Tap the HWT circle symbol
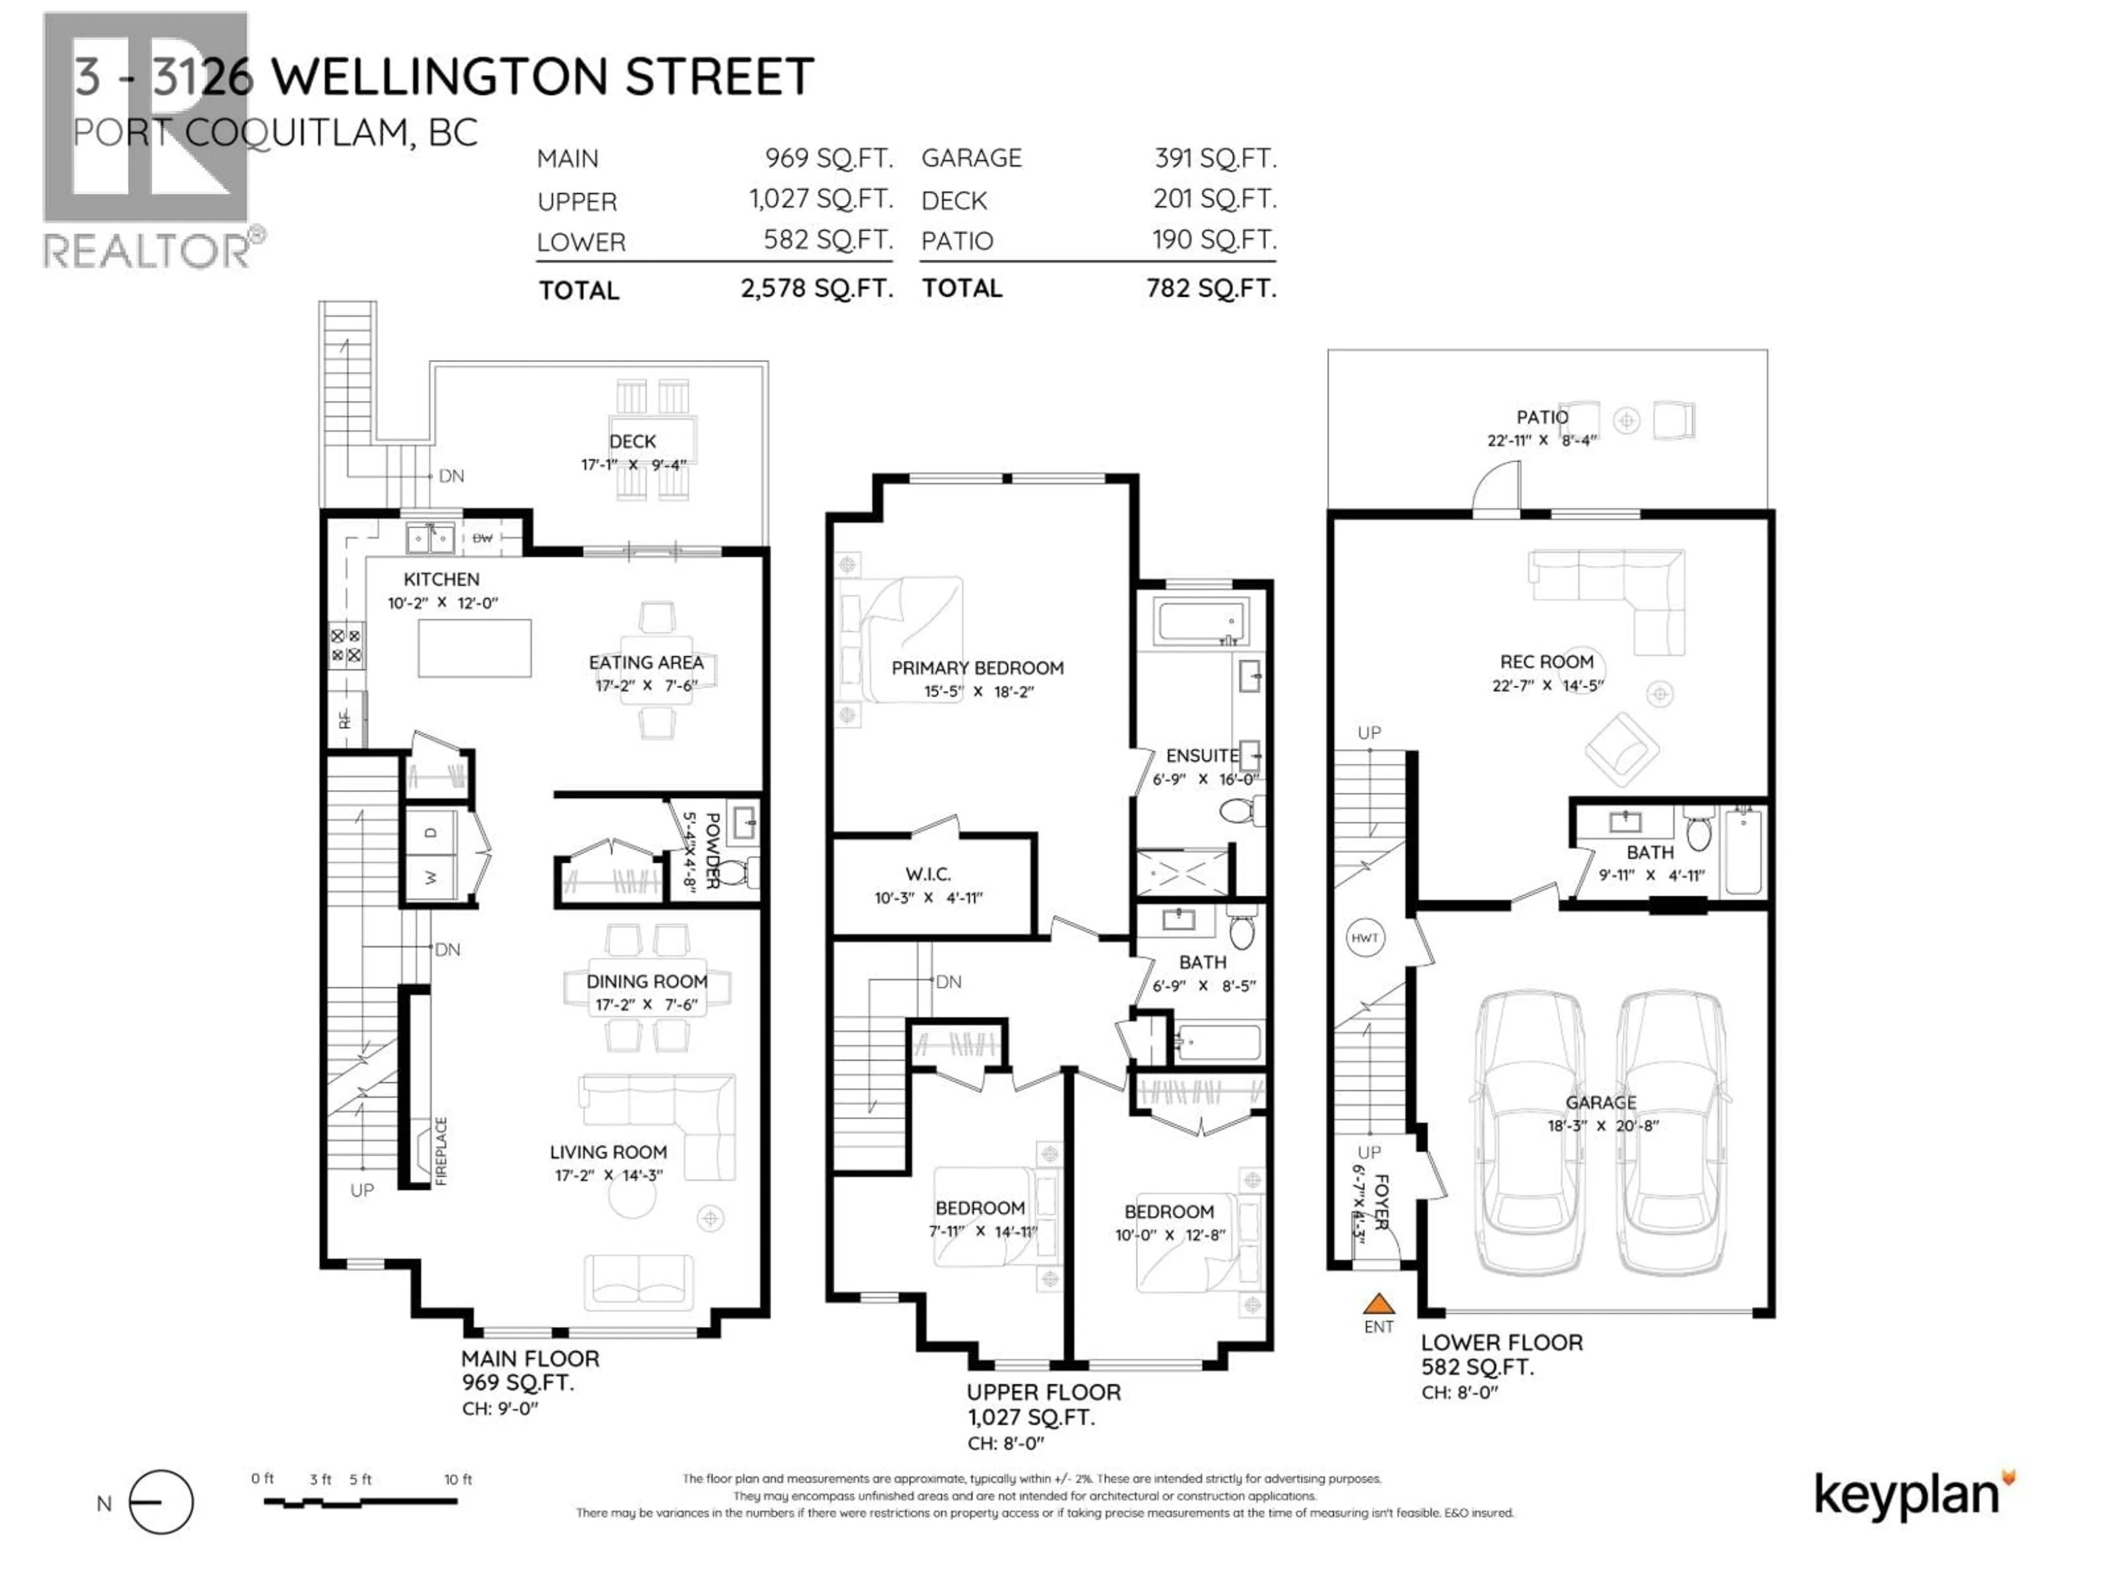pos(1364,938)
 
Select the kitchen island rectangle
pos(474,648)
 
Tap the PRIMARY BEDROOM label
pos(977,668)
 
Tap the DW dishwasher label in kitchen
pos(483,538)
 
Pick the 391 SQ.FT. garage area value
pos(1215,158)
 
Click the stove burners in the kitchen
pos(345,646)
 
